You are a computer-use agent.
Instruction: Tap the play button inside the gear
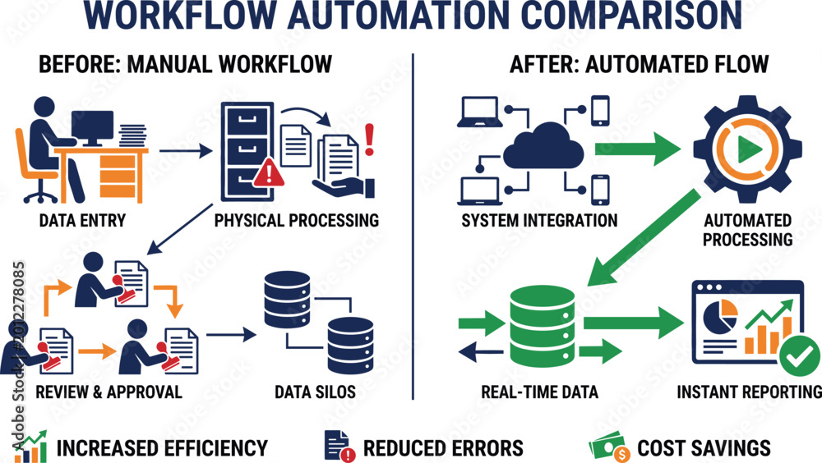coord(749,149)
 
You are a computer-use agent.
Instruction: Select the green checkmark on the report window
coord(800,356)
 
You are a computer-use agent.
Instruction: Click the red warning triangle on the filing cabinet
coord(269,173)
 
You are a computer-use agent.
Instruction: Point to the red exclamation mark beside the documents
coord(370,140)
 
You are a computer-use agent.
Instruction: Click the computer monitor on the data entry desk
coord(93,127)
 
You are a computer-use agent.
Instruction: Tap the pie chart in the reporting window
coord(720,316)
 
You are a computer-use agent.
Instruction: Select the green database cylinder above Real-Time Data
coord(542,326)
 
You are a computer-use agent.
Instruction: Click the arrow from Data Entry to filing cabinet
coord(186,151)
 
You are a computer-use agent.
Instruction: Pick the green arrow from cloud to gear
coord(638,149)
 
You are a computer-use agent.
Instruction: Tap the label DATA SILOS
coord(315,392)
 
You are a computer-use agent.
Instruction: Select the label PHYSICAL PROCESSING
coord(296,220)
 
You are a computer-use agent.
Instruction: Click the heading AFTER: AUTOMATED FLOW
coord(639,64)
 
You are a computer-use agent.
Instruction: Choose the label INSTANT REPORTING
coord(749,392)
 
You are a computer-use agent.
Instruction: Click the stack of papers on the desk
coord(132,135)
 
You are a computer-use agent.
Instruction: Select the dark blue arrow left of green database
coord(480,352)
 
